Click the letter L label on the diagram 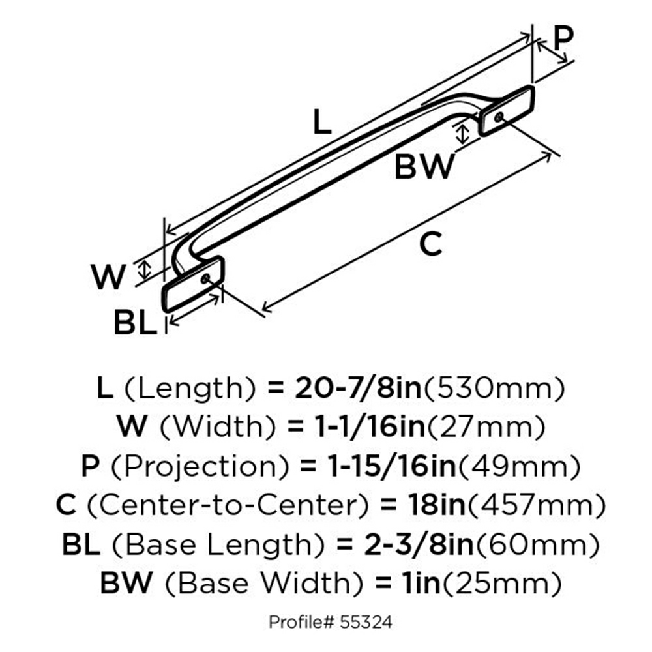pyautogui.click(x=323, y=121)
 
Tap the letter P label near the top pyautogui.click(x=563, y=38)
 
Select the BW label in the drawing pyautogui.click(x=424, y=166)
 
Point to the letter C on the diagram pyautogui.click(x=430, y=244)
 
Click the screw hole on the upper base pyautogui.click(x=499, y=117)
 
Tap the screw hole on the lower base pyautogui.click(x=205, y=278)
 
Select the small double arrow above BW pyautogui.click(x=462, y=134)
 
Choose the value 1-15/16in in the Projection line pyautogui.click(x=392, y=467)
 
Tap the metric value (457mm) pyautogui.click(x=537, y=505)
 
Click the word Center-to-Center pyautogui.click(x=228, y=505)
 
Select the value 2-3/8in pyautogui.click(x=419, y=544)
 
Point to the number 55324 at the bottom pyautogui.click(x=366, y=622)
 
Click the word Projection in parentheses pyautogui.click(x=200, y=467)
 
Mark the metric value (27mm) pyautogui.click(x=486, y=428)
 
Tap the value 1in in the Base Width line pyautogui.click(x=421, y=583)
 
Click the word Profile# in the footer pyautogui.click(x=302, y=622)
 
